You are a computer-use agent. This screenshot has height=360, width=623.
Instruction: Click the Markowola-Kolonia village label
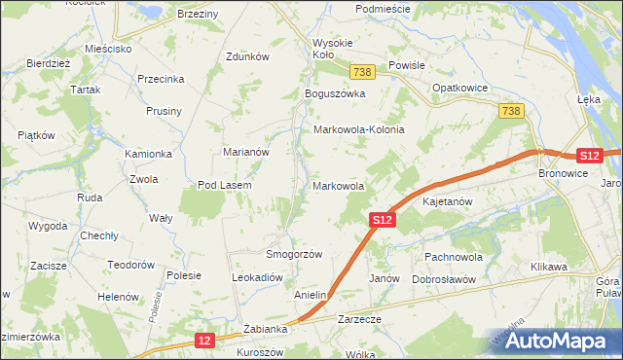click(x=357, y=129)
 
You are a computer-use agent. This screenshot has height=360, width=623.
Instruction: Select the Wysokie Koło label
click(x=336, y=49)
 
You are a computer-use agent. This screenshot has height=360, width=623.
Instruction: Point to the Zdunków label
click(x=246, y=56)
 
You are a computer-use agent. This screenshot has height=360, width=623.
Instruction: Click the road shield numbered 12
click(x=203, y=341)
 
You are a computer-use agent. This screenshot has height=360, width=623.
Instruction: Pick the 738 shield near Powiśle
click(x=363, y=73)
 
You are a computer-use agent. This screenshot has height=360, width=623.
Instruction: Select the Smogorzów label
click(x=294, y=253)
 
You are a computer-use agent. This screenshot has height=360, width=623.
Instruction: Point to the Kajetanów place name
click(x=448, y=202)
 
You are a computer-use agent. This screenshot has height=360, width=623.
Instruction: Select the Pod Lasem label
click(x=225, y=185)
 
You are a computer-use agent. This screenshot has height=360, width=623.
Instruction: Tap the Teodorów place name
click(x=131, y=265)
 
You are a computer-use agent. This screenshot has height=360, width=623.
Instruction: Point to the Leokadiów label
click(x=257, y=277)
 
